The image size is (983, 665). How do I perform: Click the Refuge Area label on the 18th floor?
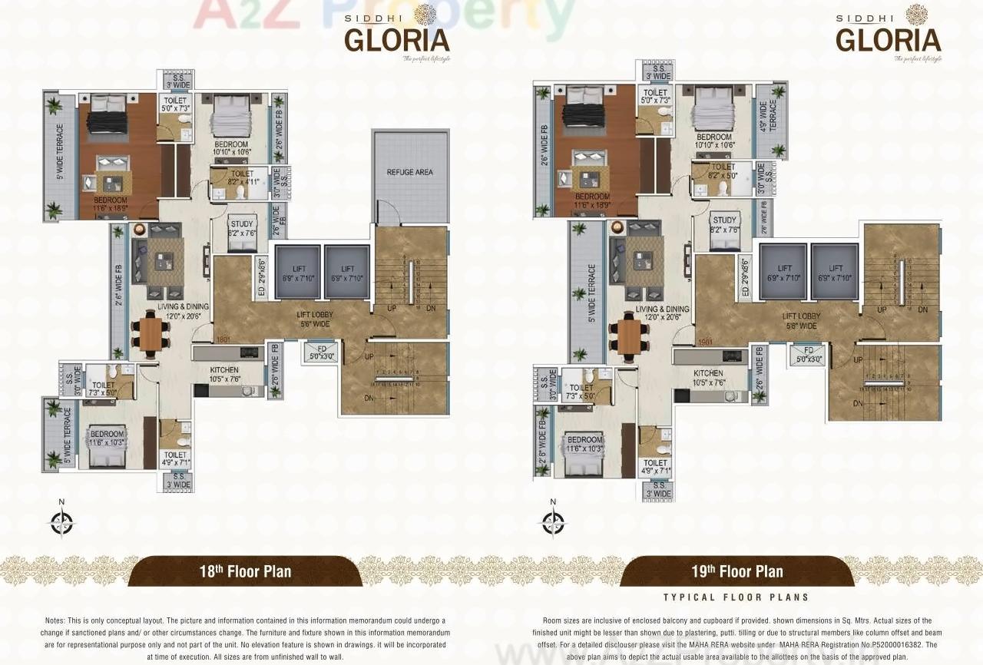pos(410,172)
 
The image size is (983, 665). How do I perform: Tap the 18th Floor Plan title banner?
pos(245,571)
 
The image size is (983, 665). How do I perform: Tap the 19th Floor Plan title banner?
pos(736,571)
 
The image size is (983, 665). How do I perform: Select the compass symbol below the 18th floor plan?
pos(61,522)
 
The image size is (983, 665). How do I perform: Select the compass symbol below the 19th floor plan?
pos(553,522)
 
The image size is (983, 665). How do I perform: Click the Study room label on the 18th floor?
pos(242,229)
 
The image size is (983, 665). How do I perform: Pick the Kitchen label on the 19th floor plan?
pos(710,378)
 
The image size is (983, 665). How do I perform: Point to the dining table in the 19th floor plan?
pos(629,336)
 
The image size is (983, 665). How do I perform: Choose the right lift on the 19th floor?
pos(834,272)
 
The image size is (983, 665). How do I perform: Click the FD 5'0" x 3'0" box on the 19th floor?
pos(809,354)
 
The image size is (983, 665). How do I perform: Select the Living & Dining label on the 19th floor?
pos(662,313)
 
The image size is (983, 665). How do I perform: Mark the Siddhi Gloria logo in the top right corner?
pos(889,34)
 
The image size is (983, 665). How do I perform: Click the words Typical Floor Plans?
pos(736,597)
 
